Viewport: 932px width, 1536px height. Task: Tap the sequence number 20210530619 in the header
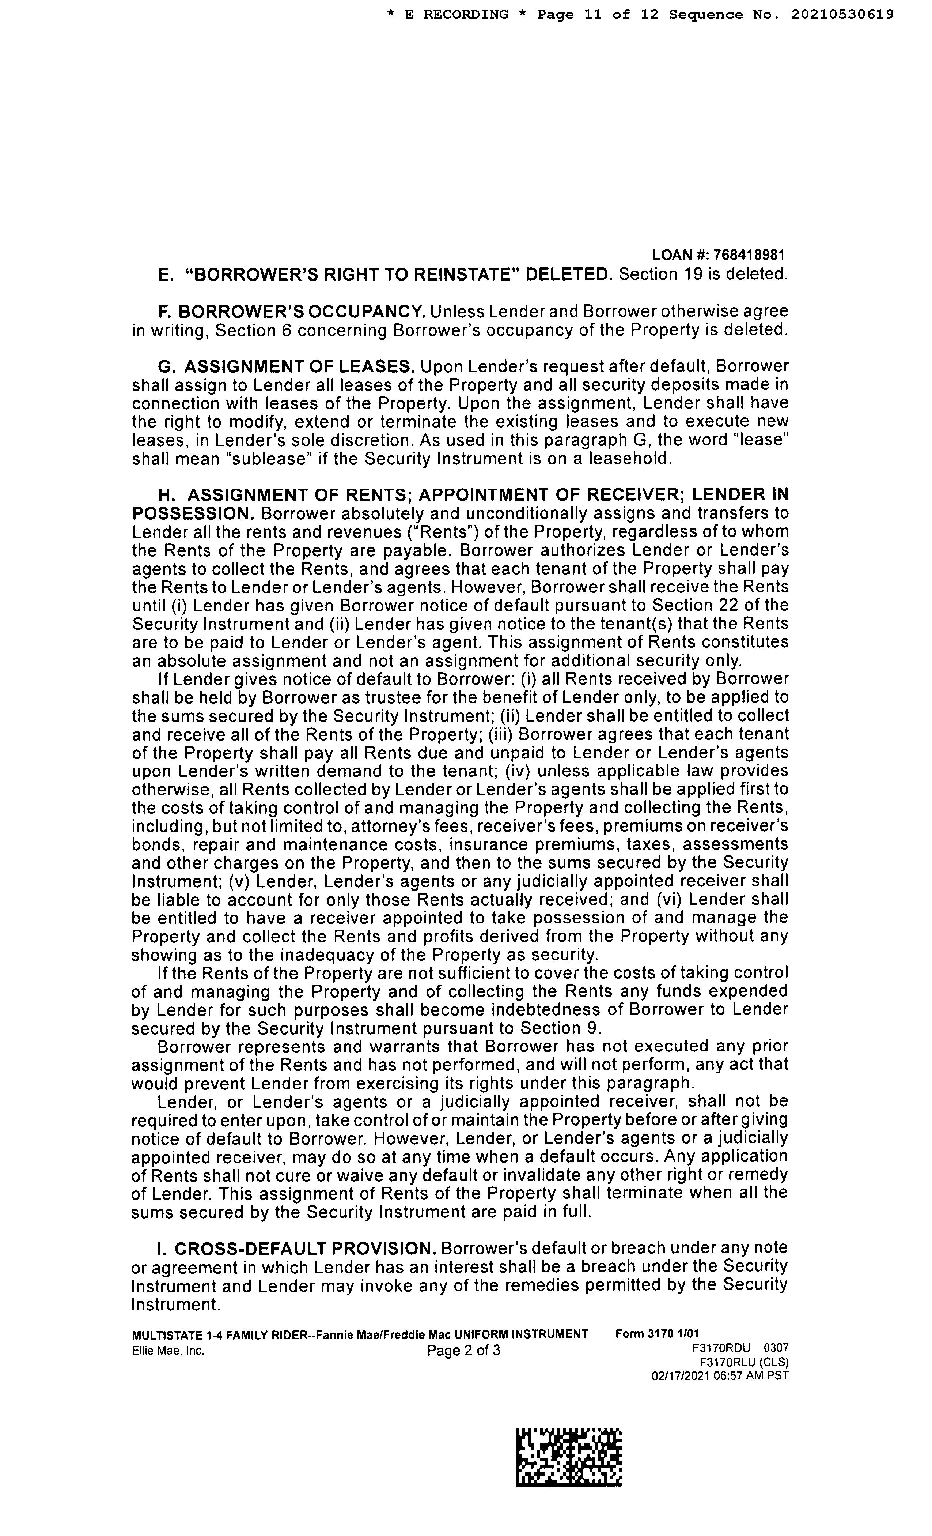(843, 14)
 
